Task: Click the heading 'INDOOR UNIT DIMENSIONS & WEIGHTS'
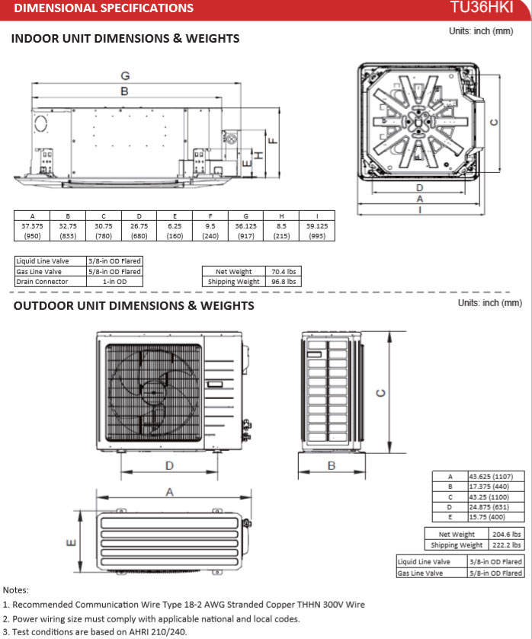125,39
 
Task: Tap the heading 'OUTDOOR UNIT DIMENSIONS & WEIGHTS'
133,306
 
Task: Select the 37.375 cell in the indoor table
32,226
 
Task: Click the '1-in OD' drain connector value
114,282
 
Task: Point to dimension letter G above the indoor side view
125,75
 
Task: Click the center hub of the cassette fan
420,120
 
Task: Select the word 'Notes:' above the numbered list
16,590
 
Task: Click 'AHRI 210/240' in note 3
159,631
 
